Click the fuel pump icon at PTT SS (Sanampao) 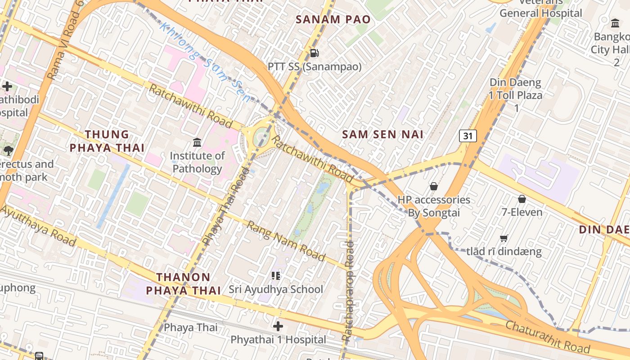(315, 53)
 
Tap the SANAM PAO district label (333, 19)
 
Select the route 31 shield (468, 136)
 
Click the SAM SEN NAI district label (382, 134)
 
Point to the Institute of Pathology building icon (197, 143)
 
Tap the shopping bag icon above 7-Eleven (522, 199)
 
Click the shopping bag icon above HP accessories (434, 186)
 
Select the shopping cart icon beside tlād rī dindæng (504, 238)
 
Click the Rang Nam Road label (286, 242)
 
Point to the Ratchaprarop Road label (348, 290)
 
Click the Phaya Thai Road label (226, 207)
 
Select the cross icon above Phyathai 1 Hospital (278, 326)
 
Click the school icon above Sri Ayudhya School (276, 275)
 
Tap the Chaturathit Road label (547, 337)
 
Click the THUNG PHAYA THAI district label (107, 141)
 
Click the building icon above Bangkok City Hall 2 (615, 23)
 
